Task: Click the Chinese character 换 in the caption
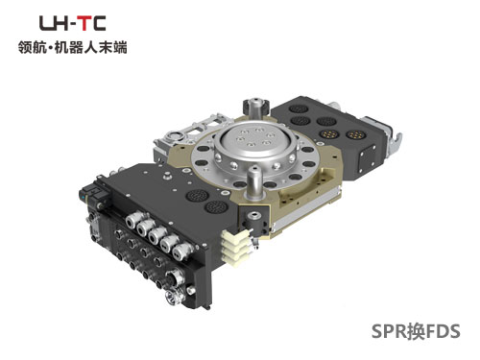tap(416, 331)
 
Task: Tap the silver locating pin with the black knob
tap(256, 109)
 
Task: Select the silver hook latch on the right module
tap(395, 141)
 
